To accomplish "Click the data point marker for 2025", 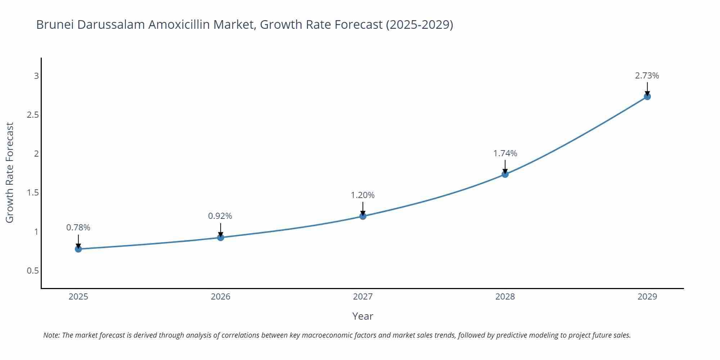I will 78,249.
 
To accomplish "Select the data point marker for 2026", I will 221,237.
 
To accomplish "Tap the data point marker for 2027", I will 363,216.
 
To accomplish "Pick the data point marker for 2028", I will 505,174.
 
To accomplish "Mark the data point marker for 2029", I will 647,96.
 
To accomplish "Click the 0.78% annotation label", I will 78,228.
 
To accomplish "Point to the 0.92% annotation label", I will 220,216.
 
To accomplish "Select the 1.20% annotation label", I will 363,195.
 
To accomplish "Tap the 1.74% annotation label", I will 505,153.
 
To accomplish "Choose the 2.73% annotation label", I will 647,76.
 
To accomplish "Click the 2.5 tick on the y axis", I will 33,115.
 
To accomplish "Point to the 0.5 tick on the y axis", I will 33,270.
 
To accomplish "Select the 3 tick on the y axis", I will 36,76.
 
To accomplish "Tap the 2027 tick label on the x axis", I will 363,297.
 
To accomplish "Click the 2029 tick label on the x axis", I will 647,297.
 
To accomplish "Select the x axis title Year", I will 363,316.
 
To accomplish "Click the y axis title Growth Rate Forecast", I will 10,172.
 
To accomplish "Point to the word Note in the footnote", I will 51,335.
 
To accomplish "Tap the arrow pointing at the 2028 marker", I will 505,167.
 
